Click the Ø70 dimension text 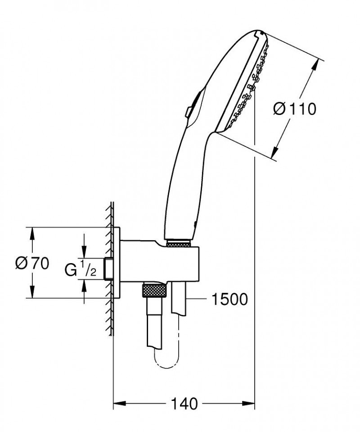click(x=31, y=264)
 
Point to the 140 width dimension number click(x=184, y=404)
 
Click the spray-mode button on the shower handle click(x=189, y=110)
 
